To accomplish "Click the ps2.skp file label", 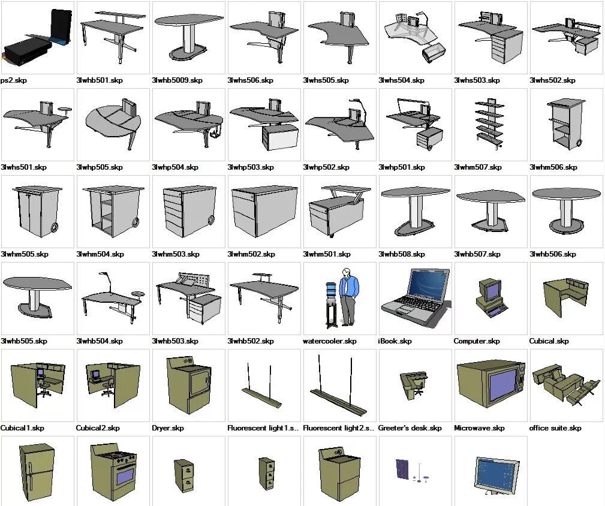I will pos(15,80).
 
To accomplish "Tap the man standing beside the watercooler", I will pos(347,296).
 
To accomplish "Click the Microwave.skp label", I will pos(479,428).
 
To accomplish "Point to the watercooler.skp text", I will pos(329,341).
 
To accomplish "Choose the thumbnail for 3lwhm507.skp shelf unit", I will pos(489,124).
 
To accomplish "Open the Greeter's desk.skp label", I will pos(410,428).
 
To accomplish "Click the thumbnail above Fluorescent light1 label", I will pos(263,385).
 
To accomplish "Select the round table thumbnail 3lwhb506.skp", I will pos(566,210).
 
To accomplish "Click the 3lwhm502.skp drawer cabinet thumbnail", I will pos(264,210).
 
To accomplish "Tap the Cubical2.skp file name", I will pos(98,428).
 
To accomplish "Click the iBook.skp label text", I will pos(395,341).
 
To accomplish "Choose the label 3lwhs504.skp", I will pos(401,80).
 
